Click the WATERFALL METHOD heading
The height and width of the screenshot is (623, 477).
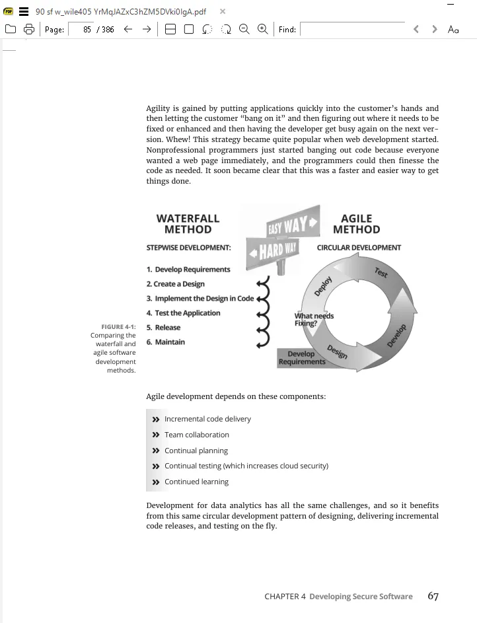pyautogui.click(x=188, y=224)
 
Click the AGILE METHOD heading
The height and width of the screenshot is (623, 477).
pyautogui.click(x=356, y=224)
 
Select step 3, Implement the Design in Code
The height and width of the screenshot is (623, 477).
pyautogui.click(x=200, y=299)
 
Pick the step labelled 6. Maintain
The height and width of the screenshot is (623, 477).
pyautogui.click(x=166, y=342)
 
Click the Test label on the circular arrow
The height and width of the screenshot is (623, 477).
pyautogui.click(x=381, y=273)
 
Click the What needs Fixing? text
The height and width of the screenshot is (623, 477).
pyautogui.click(x=314, y=320)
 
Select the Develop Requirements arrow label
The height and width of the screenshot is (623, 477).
pyautogui.click(x=302, y=357)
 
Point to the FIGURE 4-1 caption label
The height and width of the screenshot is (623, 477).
pyautogui.click(x=118, y=327)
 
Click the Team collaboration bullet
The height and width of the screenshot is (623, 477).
pyautogui.click(x=196, y=435)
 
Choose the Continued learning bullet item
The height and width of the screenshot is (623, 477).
pyautogui.click(x=196, y=482)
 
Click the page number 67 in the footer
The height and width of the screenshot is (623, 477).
pyautogui.click(x=433, y=596)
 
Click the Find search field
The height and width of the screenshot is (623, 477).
pyautogui.click(x=352, y=30)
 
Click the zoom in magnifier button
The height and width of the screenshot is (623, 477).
pyautogui.click(x=262, y=29)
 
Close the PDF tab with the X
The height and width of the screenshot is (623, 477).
pyautogui.click(x=223, y=12)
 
